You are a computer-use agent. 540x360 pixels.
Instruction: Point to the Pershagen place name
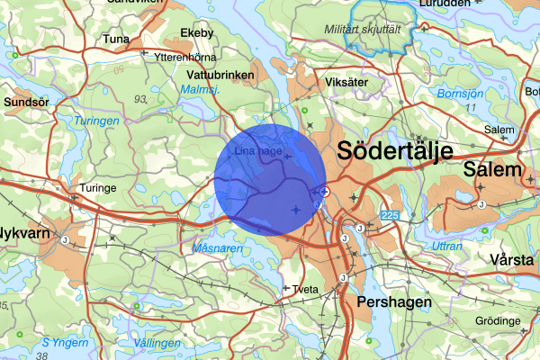coord(394,302)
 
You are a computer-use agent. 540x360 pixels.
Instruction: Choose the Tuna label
coord(116,40)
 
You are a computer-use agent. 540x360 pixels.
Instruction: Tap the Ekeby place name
coord(197,34)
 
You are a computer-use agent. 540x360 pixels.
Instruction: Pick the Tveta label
coord(307,289)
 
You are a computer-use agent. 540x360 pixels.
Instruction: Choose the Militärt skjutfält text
coord(362,30)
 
